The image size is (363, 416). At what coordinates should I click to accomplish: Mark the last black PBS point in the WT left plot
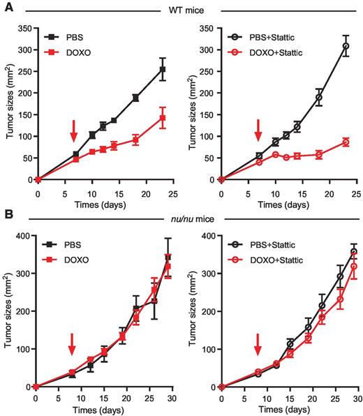(162, 69)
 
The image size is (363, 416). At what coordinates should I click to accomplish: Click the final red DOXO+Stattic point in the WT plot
(345, 142)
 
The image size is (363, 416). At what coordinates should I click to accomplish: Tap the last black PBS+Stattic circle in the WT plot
(345, 46)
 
